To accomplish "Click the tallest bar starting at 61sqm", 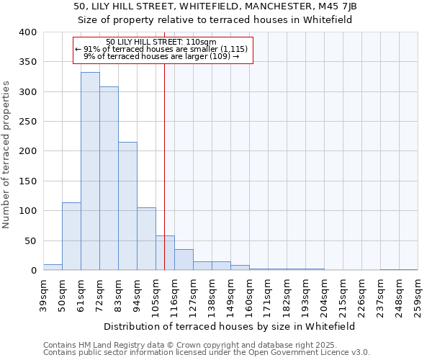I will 90,171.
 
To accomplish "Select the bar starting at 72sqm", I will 109,179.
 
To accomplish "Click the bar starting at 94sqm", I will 146,239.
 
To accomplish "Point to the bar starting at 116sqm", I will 184,260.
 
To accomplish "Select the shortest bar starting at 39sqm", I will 53,267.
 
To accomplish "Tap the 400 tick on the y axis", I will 27,32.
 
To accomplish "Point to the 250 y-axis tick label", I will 27,122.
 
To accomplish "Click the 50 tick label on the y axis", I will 30,240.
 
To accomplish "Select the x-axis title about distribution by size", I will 230,326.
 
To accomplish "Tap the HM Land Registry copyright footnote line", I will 170,345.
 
